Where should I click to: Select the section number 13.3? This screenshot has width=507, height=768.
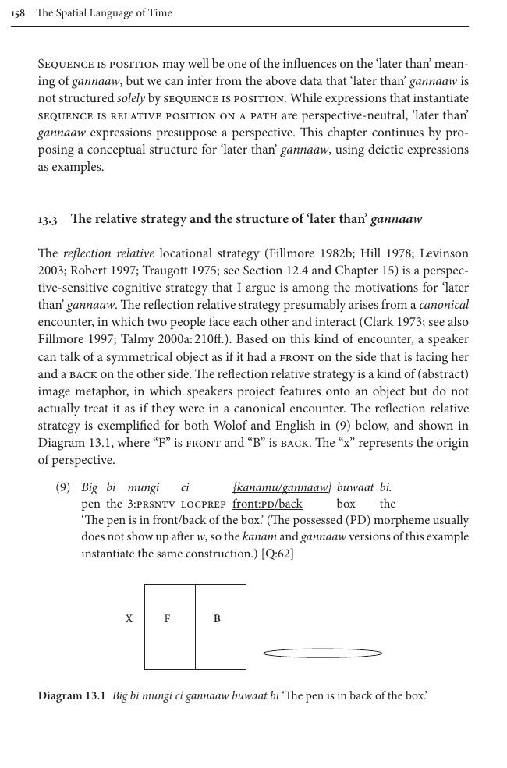47,220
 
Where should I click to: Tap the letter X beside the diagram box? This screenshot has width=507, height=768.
129,619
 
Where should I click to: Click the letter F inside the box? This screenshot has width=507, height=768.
168,619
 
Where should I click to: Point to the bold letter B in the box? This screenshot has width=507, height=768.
217,619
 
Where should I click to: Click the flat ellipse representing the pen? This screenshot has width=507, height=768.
322,653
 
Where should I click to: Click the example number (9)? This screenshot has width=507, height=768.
63,487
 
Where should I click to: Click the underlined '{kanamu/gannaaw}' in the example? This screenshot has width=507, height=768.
282,487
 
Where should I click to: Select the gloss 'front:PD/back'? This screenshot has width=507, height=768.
267,504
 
